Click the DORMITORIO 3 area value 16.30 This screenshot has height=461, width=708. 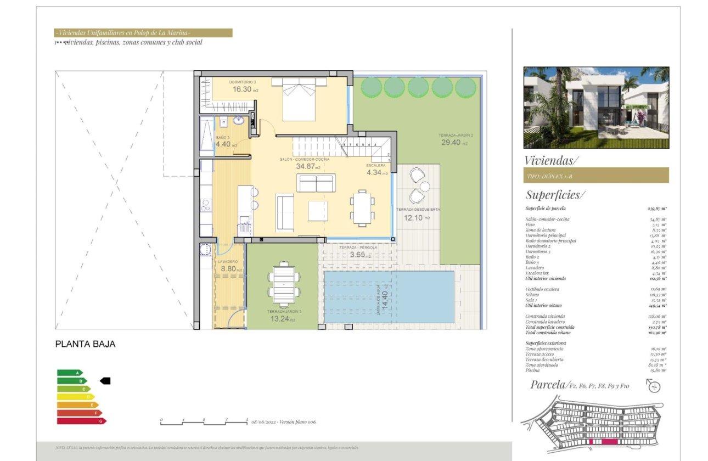(242, 89)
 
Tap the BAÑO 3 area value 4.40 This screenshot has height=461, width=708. (224, 144)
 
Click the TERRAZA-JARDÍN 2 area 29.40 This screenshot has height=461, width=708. (449, 142)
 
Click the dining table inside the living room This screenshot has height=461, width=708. (362, 207)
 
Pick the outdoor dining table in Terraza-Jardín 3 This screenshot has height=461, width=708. (284, 285)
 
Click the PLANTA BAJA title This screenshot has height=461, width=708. (86, 344)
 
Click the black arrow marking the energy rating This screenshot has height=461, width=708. (105, 380)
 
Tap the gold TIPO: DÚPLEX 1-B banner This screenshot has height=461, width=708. (596, 175)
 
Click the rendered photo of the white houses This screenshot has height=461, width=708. (596, 108)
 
